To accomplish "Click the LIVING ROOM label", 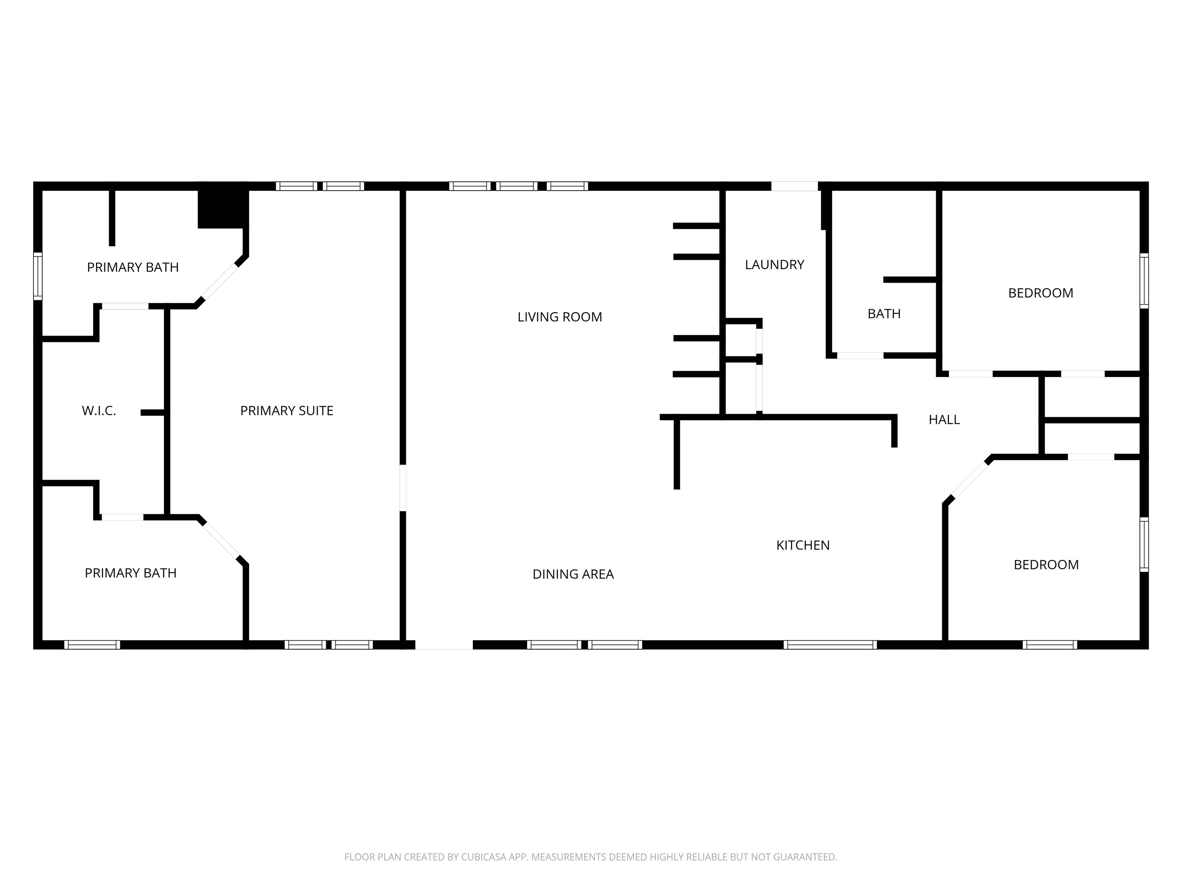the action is (x=559, y=317).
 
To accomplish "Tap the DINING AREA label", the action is (x=573, y=574).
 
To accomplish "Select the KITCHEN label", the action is (x=803, y=546).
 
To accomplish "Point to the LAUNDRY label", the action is (x=774, y=264).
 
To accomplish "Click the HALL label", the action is (x=944, y=420).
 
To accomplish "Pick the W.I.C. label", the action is (x=99, y=411).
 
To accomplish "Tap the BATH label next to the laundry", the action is (x=884, y=314).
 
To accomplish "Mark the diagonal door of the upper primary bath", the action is (x=219, y=282).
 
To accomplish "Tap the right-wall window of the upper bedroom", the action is (x=1144, y=281).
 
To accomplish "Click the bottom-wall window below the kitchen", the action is (x=830, y=645).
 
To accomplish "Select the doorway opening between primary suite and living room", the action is (x=403, y=488).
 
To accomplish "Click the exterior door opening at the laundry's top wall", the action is (x=795, y=186).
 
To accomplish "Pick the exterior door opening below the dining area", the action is (x=444, y=645).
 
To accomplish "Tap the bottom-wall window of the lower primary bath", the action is (x=92, y=645).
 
